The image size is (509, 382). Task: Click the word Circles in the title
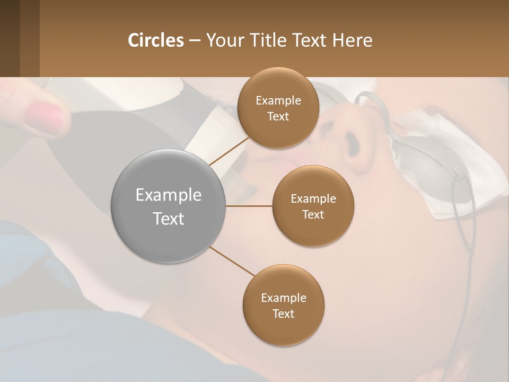[x=156, y=40]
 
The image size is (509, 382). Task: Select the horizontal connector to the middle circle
[x=249, y=206]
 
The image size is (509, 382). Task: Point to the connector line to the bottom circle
[x=232, y=261]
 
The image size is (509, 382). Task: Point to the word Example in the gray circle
[x=169, y=195]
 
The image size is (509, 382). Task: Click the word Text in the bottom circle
[x=283, y=314]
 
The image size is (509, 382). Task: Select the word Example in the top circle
[x=278, y=101]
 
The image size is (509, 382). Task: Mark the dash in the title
[x=195, y=41]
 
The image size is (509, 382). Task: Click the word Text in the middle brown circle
[x=313, y=214]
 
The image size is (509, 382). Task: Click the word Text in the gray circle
[x=169, y=219]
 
